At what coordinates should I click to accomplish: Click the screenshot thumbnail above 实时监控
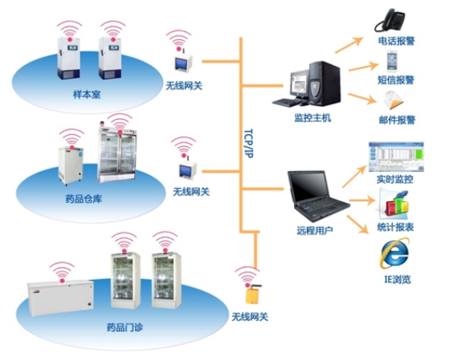click(x=395, y=157)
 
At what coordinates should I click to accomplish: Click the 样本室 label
click(x=87, y=96)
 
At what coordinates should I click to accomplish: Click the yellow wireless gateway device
click(x=253, y=295)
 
